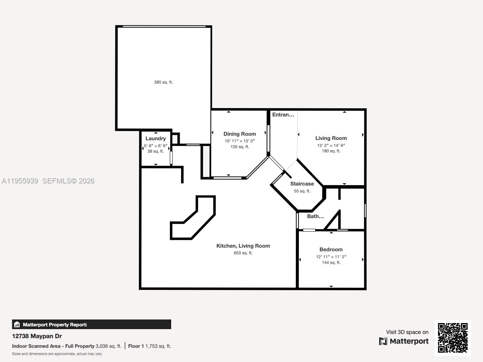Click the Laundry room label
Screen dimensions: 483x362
pyautogui.click(x=155, y=138)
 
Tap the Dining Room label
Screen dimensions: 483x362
pyautogui.click(x=240, y=134)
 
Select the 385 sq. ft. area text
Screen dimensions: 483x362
pyautogui.click(x=163, y=82)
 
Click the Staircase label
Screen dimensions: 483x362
pyautogui.click(x=302, y=184)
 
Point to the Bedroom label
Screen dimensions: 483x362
pyautogui.click(x=331, y=249)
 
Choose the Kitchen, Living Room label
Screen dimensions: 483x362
pyautogui.click(x=243, y=246)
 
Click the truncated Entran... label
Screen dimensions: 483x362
pyautogui.click(x=283, y=115)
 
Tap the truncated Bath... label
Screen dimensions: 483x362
pyautogui.click(x=315, y=216)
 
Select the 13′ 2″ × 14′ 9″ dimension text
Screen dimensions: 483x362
pyautogui.click(x=331, y=145)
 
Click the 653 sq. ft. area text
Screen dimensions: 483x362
pyautogui.click(x=243, y=253)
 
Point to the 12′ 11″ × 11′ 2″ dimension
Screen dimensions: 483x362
pyautogui.click(x=331, y=257)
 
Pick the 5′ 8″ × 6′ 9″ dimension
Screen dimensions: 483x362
pyautogui.click(x=155, y=146)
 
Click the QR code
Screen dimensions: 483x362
pyautogui.click(x=453, y=338)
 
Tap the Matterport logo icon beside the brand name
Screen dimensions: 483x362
pyautogui.click(x=383, y=341)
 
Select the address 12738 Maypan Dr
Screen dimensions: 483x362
pyautogui.click(x=37, y=336)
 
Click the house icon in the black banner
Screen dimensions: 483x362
pyautogui.click(x=17, y=324)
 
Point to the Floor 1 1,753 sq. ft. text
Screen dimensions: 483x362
pyautogui.click(x=149, y=346)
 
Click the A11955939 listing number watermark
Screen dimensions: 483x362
pyautogui.click(x=20, y=181)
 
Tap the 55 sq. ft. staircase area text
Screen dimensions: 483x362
pyautogui.click(x=302, y=191)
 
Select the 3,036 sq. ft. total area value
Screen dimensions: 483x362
pyautogui.click(x=108, y=346)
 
